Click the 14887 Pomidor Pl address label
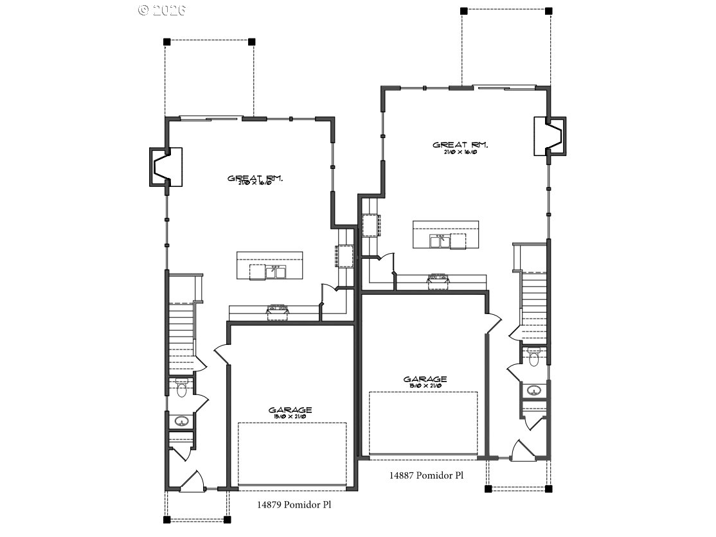pyautogui.click(x=426, y=476)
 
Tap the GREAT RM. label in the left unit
pyautogui.click(x=255, y=179)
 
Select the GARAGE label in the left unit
pyautogui.click(x=291, y=410)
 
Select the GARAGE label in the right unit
pyautogui.click(x=425, y=380)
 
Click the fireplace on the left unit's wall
pyautogui.click(x=165, y=167)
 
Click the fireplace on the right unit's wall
pyautogui.click(x=551, y=136)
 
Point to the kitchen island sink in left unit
pyautogui.click(x=276, y=272)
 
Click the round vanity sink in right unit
pyautogui.click(x=534, y=391)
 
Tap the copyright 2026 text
pyautogui.click(x=162, y=10)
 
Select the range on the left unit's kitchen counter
pyautogui.click(x=278, y=310)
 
